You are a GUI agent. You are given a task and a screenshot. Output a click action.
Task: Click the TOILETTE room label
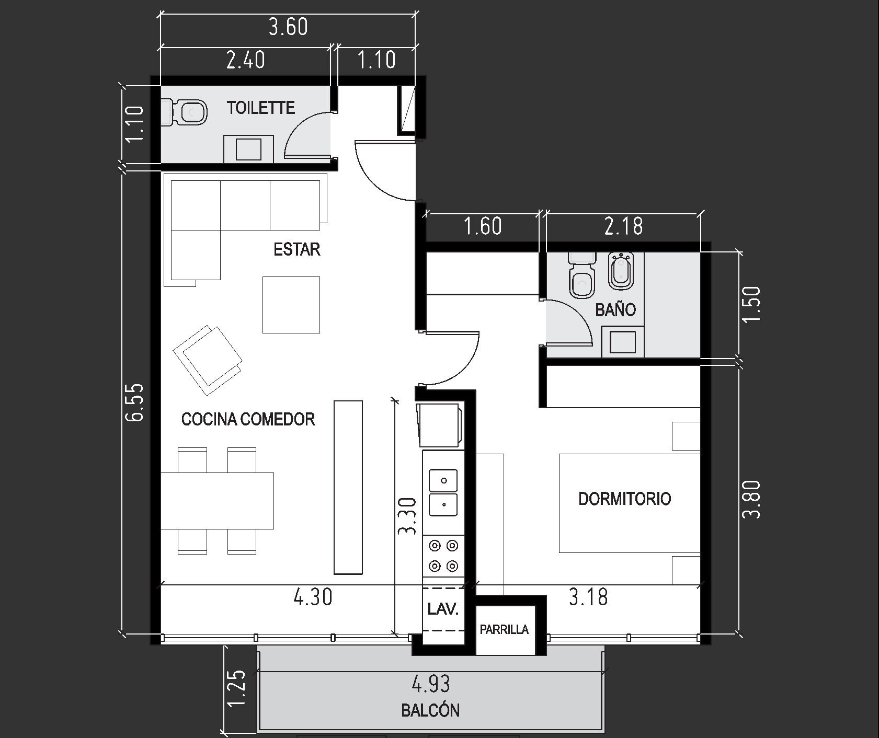[261, 108]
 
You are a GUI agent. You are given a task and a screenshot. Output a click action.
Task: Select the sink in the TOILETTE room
[248, 149]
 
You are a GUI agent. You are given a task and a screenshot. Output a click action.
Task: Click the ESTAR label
[296, 249]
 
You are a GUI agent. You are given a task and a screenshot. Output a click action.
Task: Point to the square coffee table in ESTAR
[291, 305]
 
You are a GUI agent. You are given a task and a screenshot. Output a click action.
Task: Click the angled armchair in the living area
[208, 361]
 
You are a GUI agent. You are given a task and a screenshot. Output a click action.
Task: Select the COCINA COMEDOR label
[248, 419]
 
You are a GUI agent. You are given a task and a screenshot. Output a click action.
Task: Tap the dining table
[217, 501]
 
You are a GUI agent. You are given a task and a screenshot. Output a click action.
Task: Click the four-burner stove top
[443, 556]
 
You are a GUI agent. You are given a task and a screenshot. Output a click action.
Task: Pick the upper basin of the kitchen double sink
[443, 480]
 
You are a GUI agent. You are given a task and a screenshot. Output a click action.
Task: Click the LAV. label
[443, 609]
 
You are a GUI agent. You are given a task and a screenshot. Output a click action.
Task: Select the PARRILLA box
[505, 630]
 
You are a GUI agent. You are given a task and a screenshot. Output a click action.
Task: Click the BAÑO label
[615, 310]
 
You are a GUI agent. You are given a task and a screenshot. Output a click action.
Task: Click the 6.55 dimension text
[134, 402]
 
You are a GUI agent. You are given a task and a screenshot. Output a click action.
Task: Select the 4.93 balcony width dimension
[431, 684]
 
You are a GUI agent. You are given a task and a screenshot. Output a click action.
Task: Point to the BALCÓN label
[430, 711]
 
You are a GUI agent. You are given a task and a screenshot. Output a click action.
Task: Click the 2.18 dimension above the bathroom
[623, 226]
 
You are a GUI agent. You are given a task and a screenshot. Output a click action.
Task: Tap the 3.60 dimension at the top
[288, 27]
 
